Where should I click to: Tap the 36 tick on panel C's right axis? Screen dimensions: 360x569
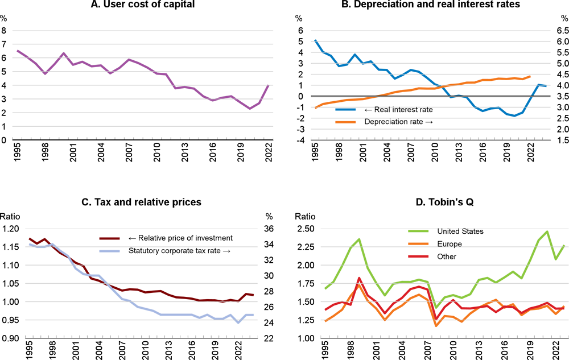271,229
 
